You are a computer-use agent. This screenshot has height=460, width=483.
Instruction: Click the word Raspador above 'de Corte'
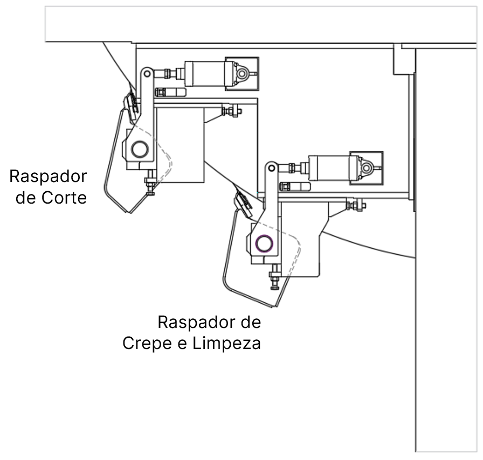49,176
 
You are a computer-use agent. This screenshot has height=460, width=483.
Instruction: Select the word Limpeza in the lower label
226,343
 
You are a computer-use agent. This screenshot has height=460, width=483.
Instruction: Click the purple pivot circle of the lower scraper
264,243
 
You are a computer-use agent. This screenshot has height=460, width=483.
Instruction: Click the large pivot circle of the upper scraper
140,149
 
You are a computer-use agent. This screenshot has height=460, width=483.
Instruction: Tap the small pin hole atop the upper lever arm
146,72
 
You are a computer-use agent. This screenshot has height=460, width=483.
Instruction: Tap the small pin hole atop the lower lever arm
271,168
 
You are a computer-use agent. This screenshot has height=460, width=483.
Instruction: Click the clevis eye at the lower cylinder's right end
367,168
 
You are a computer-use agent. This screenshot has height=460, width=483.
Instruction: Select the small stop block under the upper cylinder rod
170,92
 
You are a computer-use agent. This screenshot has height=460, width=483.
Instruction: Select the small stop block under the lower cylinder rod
294,186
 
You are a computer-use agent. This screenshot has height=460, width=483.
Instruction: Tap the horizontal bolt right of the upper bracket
231,111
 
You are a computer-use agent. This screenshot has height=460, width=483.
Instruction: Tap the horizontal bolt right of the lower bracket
356,205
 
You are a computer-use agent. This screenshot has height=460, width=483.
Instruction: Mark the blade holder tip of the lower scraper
243,203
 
